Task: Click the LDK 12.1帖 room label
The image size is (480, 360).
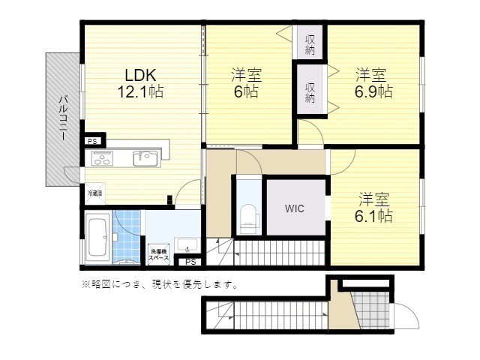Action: (x=139, y=83)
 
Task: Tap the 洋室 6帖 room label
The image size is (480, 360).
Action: (x=245, y=83)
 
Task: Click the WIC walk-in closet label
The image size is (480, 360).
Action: (x=293, y=210)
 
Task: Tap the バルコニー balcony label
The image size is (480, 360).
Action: (x=64, y=120)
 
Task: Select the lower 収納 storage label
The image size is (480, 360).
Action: (x=310, y=92)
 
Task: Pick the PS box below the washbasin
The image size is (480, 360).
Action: (x=190, y=262)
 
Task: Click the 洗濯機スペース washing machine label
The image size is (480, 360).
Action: (x=158, y=254)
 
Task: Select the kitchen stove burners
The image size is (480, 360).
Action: (x=103, y=158)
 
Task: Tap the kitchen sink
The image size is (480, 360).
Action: (x=145, y=158)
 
